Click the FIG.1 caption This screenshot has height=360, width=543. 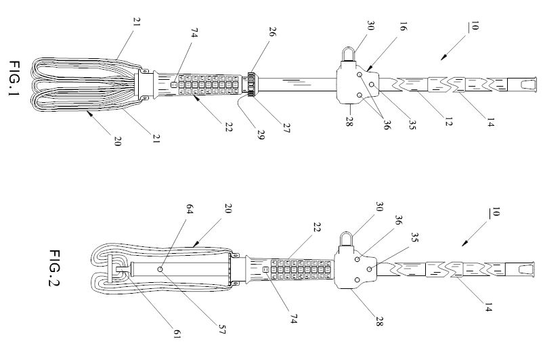16,79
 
